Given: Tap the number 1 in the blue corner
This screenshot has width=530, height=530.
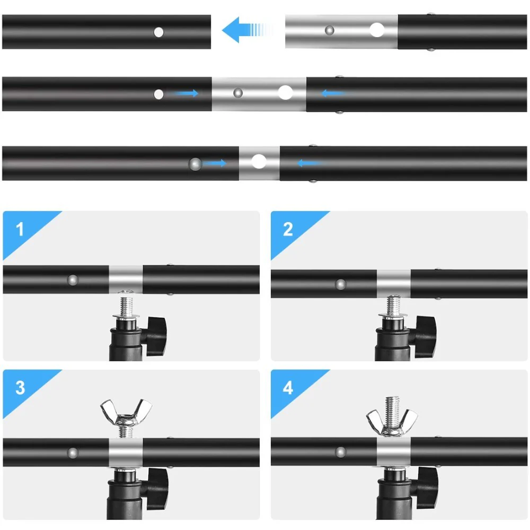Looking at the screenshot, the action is point(20,229).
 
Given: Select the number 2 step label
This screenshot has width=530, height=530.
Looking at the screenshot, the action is point(288,229).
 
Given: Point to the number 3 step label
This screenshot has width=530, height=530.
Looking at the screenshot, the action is point(20,387).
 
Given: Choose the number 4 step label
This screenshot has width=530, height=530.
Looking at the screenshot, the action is point(288,387).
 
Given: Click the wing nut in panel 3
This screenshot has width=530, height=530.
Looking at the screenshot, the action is point(126,413).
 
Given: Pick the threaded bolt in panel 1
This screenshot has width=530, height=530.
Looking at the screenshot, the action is point(126,306).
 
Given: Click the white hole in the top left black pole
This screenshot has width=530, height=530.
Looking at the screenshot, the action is point(158,32).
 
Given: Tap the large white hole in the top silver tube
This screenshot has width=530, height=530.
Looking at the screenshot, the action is point(377,30).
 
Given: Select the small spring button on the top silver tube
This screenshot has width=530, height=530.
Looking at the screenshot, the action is point(329,30).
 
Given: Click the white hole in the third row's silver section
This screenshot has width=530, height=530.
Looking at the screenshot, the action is point(259,161).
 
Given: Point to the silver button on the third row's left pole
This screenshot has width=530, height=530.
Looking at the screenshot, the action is point(195,164).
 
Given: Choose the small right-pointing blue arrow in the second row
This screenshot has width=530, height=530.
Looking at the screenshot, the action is point(186,93).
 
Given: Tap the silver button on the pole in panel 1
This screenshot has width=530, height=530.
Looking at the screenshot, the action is point(73,280).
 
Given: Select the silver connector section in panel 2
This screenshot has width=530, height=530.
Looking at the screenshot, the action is point(393,284).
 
